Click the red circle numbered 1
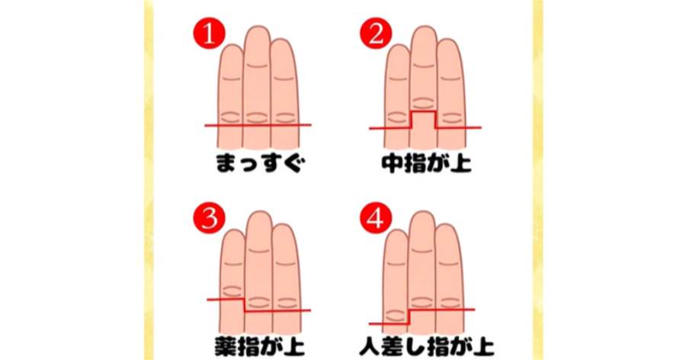pyautogui.click(x=209, y=34)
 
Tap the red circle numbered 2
pyautogui.click(x=376, y=34)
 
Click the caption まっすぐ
pyautogui.click(x=259, y=164)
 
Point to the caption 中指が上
pyautogui.click(x=427, y=164)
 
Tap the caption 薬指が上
pyautogui.click(x=259, y=347)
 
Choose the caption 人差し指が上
pyautogui.click(x=427, y=347)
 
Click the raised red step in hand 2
pyautogui.click(x=424, y=111)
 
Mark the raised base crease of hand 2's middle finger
pyautogui.click(x=424, y=103)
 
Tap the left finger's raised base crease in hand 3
pyautogui.click(x=232, y=291)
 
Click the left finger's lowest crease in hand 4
pyautogui.click(x=396, y=315)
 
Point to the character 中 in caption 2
pyautogui.click(x=392, y=164)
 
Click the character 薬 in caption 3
pyautogui.click(x=225, y=347)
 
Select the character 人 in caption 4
pyautogui.click(x=370, y=347)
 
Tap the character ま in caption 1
pyautogui.click(x=226, y=164)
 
